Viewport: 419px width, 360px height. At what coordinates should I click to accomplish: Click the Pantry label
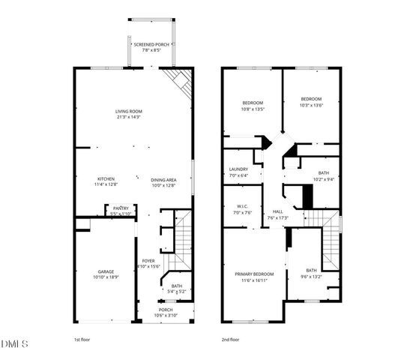pyautogui.click(x=121, y=211)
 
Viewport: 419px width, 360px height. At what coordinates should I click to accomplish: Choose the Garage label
pyautogui.click(x=105, y=275)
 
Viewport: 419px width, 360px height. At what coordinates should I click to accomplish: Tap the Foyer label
pyautogui.click(x=148, y=264)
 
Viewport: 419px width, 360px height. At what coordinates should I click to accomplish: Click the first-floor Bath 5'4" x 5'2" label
pyautogui.click(x=175, y=288)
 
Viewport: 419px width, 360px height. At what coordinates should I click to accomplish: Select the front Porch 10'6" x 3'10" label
pyautogui.click(x=164, y=312)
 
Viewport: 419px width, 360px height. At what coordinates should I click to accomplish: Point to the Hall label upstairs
pyautogui.click(x=279, y=214)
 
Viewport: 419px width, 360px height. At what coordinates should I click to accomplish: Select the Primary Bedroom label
pyautogui.click(x=253, y=277)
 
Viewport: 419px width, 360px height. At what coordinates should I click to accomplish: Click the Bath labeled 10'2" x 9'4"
pyautogui.click(x=323, y=176)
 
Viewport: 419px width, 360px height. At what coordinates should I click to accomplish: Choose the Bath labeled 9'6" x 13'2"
pyautogui.click(x=311, y=274)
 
